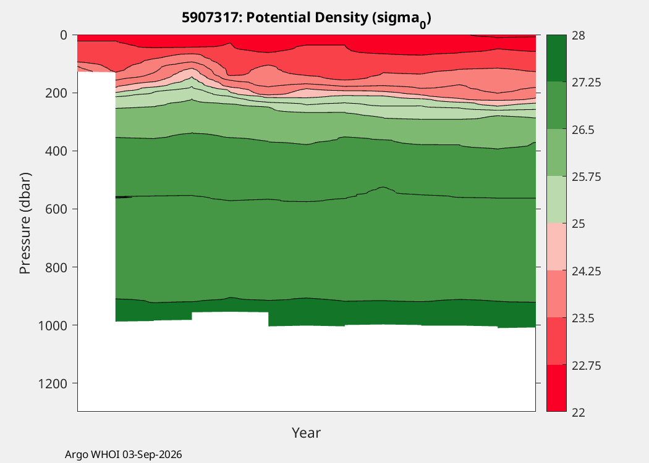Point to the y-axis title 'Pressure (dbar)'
[25, 223]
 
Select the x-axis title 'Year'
[307, 432]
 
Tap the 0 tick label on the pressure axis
[63, 35]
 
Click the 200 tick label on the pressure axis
[56, 93]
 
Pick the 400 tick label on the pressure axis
[56, 151]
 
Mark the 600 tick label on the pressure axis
[56, 209]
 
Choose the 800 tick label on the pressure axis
[56, 267]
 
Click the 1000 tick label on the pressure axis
[53, 325]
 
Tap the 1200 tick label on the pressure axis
[53, 383]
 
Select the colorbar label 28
[579, 36]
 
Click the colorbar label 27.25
[587, 82]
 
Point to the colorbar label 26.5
[583, 130]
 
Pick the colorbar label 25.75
[587, 177]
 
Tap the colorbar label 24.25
[587, 271]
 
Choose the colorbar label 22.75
[587, 365]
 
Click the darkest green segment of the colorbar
[556, 58]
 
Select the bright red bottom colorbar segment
[556, 388]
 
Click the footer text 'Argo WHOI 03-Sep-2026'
[124, 454]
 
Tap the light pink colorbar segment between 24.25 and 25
[556, 247]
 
